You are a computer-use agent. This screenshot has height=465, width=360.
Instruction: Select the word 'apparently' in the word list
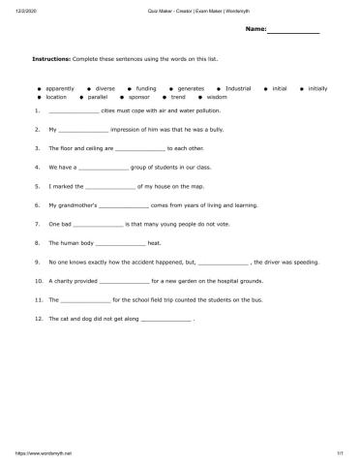tap(61, 88)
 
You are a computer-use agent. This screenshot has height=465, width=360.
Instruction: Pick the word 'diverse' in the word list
tap(105, 88)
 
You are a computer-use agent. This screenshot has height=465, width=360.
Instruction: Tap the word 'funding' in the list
tap(145, 88)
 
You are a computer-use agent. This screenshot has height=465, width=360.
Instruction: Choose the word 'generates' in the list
tap(192, 88)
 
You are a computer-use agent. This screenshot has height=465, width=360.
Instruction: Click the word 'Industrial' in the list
tap(238, 88)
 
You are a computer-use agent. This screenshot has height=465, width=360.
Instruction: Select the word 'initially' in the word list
tap(316, 88)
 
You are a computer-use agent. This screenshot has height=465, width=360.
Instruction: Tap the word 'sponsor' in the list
tap(139, 97)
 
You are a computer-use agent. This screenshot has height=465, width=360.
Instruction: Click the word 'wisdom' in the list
tap(217, 97)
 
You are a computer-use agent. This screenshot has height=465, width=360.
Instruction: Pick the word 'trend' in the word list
tap(178, 97)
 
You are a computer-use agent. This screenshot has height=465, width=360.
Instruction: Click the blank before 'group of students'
tap(103, 169)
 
